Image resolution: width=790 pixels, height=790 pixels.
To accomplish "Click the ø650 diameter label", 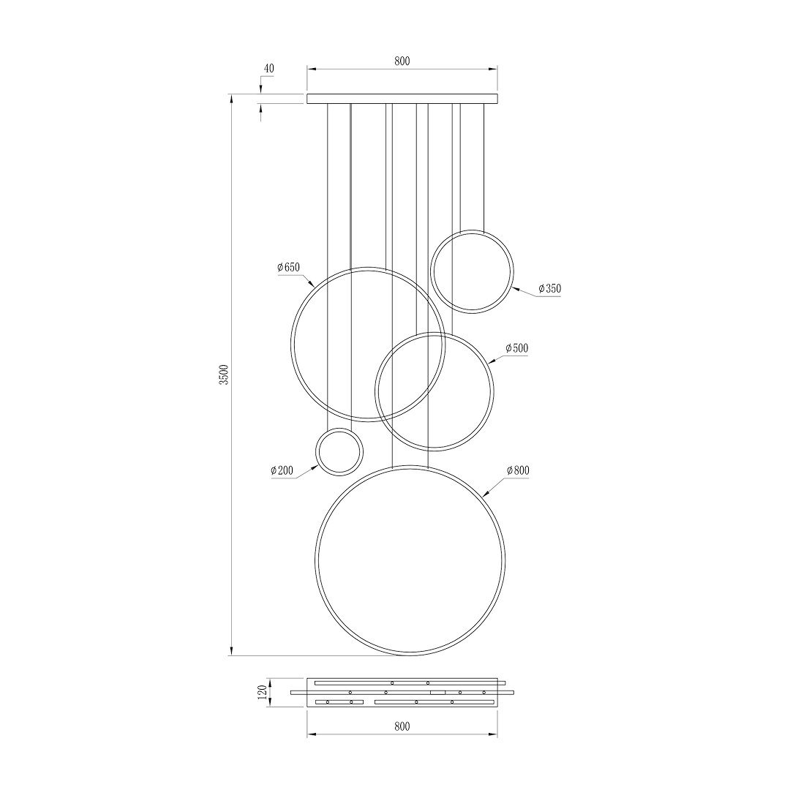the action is pyautogui.click(x=289, y=268).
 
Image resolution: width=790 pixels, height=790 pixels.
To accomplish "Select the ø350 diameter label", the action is pyautogui.click(x=549, y=289).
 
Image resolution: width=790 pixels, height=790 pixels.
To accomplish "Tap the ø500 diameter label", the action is pyautogui.click(x=516, y=347).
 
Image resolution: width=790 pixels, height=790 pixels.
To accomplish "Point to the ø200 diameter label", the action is pyautogui.click(x=282, y=470).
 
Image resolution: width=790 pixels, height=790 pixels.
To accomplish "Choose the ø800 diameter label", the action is pyautogui.click(x=518, y=470).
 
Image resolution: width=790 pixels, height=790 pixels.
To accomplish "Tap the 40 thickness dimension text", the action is pyautogui.click(x=269, y=69).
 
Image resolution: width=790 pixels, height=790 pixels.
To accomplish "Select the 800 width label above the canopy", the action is pyautogui.click(x=402, y=61).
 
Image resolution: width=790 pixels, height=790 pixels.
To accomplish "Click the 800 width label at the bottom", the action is pyautogui.click(x=402, y=726).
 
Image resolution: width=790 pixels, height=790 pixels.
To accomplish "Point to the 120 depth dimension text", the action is pyautogui.click(x=262, y=692).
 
